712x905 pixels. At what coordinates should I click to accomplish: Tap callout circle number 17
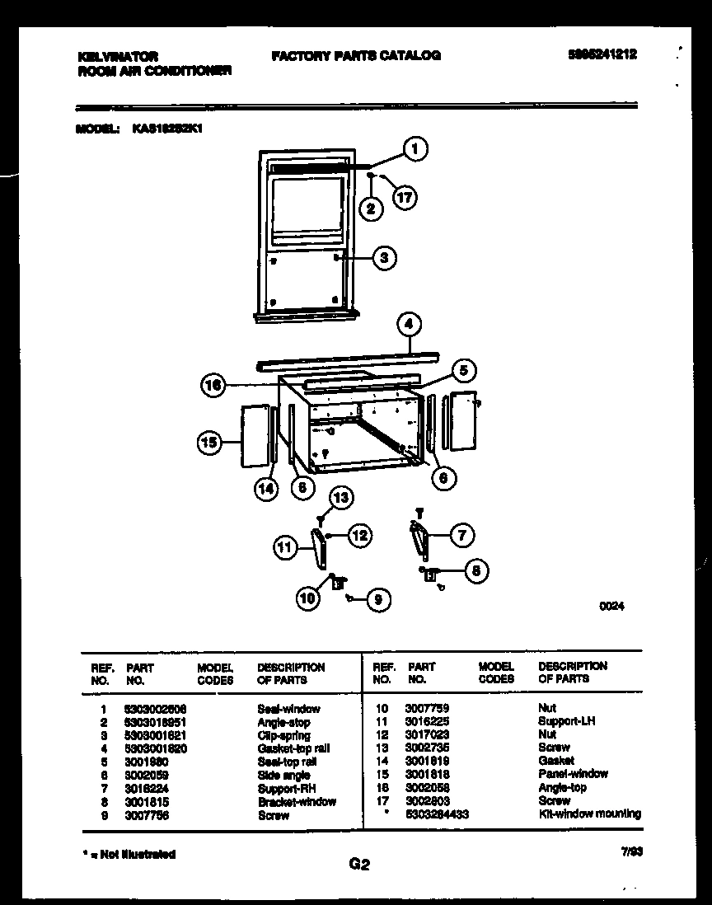pyautogui.click(x=404, y=198)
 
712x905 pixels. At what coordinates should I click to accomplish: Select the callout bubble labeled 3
pyautogui.click(x=383, y=258)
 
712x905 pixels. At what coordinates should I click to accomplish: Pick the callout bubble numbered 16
pyautogui.click(x=213, y=384)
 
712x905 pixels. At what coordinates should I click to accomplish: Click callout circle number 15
pyautogui.click(x=210, y=443)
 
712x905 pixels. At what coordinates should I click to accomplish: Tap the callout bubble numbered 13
pyautogui.click(x=340, y=497)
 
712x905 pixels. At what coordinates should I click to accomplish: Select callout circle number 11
pyautogui.click(x=285, y=546)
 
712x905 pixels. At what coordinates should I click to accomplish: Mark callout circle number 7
pyautogui.click(x=461, y=536)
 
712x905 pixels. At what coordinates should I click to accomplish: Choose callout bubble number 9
pyautogui.click(x=377, y=600)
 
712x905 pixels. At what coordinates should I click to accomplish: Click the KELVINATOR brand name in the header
pyautogui.click(x=117, y=56)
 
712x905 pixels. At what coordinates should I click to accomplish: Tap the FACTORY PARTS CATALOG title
pyautogui.click(x=355, y=56)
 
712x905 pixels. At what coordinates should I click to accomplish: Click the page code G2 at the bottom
pyautogui.click(x=359, y=865)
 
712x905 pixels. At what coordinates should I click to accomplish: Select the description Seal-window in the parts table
pyautogui.click(x=288, y=708)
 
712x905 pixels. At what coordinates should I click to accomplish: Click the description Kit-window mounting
pyautogui.click(x=589, y=814)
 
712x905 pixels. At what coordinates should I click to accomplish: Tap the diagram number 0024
pyautogui.click(x=612, y=606)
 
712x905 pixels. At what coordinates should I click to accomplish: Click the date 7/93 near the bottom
pyautogui.click(x=631, y=854)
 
